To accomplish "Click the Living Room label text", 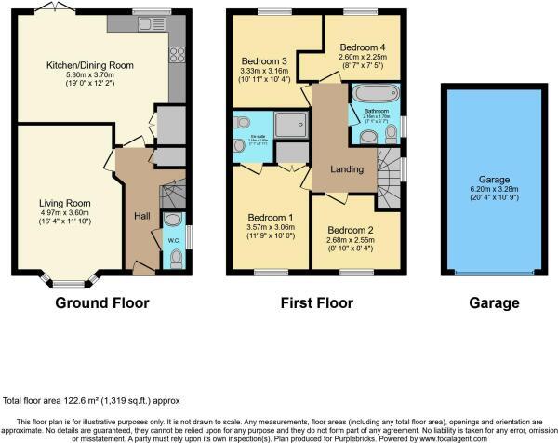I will [x=63, y=201].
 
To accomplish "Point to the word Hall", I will [x=141, y=216].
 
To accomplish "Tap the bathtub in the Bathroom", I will [x=371, y=94].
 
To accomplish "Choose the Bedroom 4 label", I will [x=358, y=47].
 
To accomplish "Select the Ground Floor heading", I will [x=101, y=302].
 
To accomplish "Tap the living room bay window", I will [x=65, y=282].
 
